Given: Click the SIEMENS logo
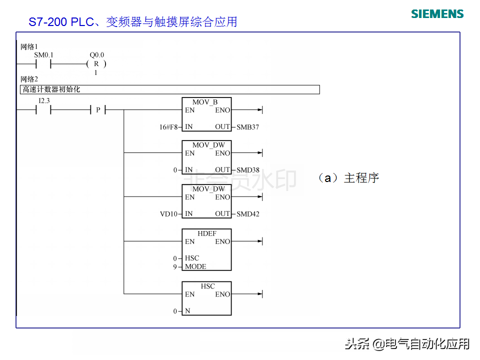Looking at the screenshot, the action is coord(437,14).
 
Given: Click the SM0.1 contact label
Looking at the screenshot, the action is coord(43,55).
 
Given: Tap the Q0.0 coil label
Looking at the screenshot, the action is coord(96,55).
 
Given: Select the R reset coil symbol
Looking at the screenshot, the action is coord(96,64).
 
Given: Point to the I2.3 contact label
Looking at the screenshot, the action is coord(44,100).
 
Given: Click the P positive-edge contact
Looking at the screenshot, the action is coord(98,109).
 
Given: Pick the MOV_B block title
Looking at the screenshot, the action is coord(205,102).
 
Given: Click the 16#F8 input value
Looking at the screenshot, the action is coord(168,127).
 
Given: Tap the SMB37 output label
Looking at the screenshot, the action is coord(247,127).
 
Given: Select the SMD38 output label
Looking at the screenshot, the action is coord(248,170).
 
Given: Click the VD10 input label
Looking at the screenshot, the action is coord(168,214).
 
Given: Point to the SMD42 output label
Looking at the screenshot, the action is coord(248,214).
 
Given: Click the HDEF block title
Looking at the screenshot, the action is coord(207,233).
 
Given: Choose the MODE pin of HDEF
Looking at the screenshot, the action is coord(195,266).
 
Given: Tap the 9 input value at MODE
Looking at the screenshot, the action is coord(175,267).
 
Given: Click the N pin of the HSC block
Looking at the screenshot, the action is coord(187,311).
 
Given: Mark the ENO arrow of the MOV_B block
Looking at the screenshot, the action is coord(247,109).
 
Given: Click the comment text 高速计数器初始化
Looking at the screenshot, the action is coord(51,89).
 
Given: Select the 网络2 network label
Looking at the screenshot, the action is coord(29,79).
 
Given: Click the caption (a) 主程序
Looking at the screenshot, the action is coord(348,178).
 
